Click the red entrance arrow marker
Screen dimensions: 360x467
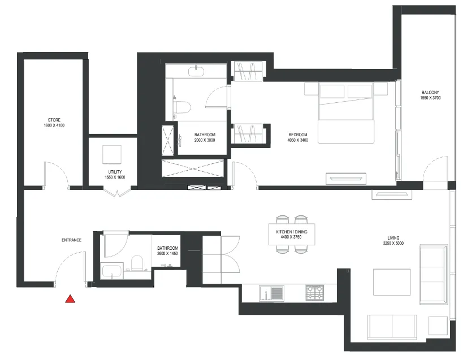tap(70, 300)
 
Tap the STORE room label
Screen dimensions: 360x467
tap(54, 120)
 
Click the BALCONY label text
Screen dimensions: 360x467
tap(430, 93)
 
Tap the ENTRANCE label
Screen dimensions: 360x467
tap(71, 240)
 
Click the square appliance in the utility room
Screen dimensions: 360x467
tap(111, 154)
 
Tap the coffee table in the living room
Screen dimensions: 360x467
tap(391, 282)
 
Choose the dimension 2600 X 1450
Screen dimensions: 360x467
tap(168, 254)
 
